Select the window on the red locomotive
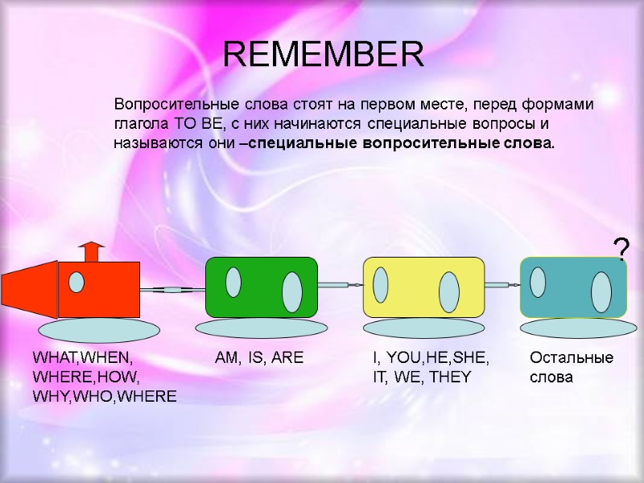click(x=76, y=283)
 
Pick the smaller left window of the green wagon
click(x=233, y=282)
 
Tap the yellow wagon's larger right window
click(x=448, y=291)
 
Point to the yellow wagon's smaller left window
click(x=381, y=284)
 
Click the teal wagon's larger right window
click(x=601, y=291)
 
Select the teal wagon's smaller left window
click(x=538, y=283)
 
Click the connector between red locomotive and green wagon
click(x=173, y=288)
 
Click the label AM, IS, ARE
click(x=259, y=357)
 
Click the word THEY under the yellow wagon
click(x=449, y=376)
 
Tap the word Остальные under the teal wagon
click(x=571, y=357)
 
